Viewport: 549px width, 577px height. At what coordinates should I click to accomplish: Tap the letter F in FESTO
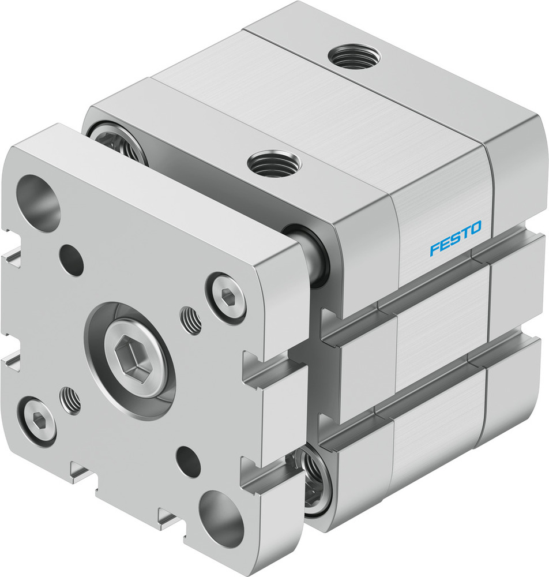coord(434,250)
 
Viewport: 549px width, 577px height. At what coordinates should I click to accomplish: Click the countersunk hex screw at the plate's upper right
coord(227,296)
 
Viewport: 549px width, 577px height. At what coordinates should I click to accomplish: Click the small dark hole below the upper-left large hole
coord(72,259)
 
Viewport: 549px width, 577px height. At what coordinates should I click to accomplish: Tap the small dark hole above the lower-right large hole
coord(189,461)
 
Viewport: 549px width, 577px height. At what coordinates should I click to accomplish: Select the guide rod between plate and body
coord(314,257)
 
